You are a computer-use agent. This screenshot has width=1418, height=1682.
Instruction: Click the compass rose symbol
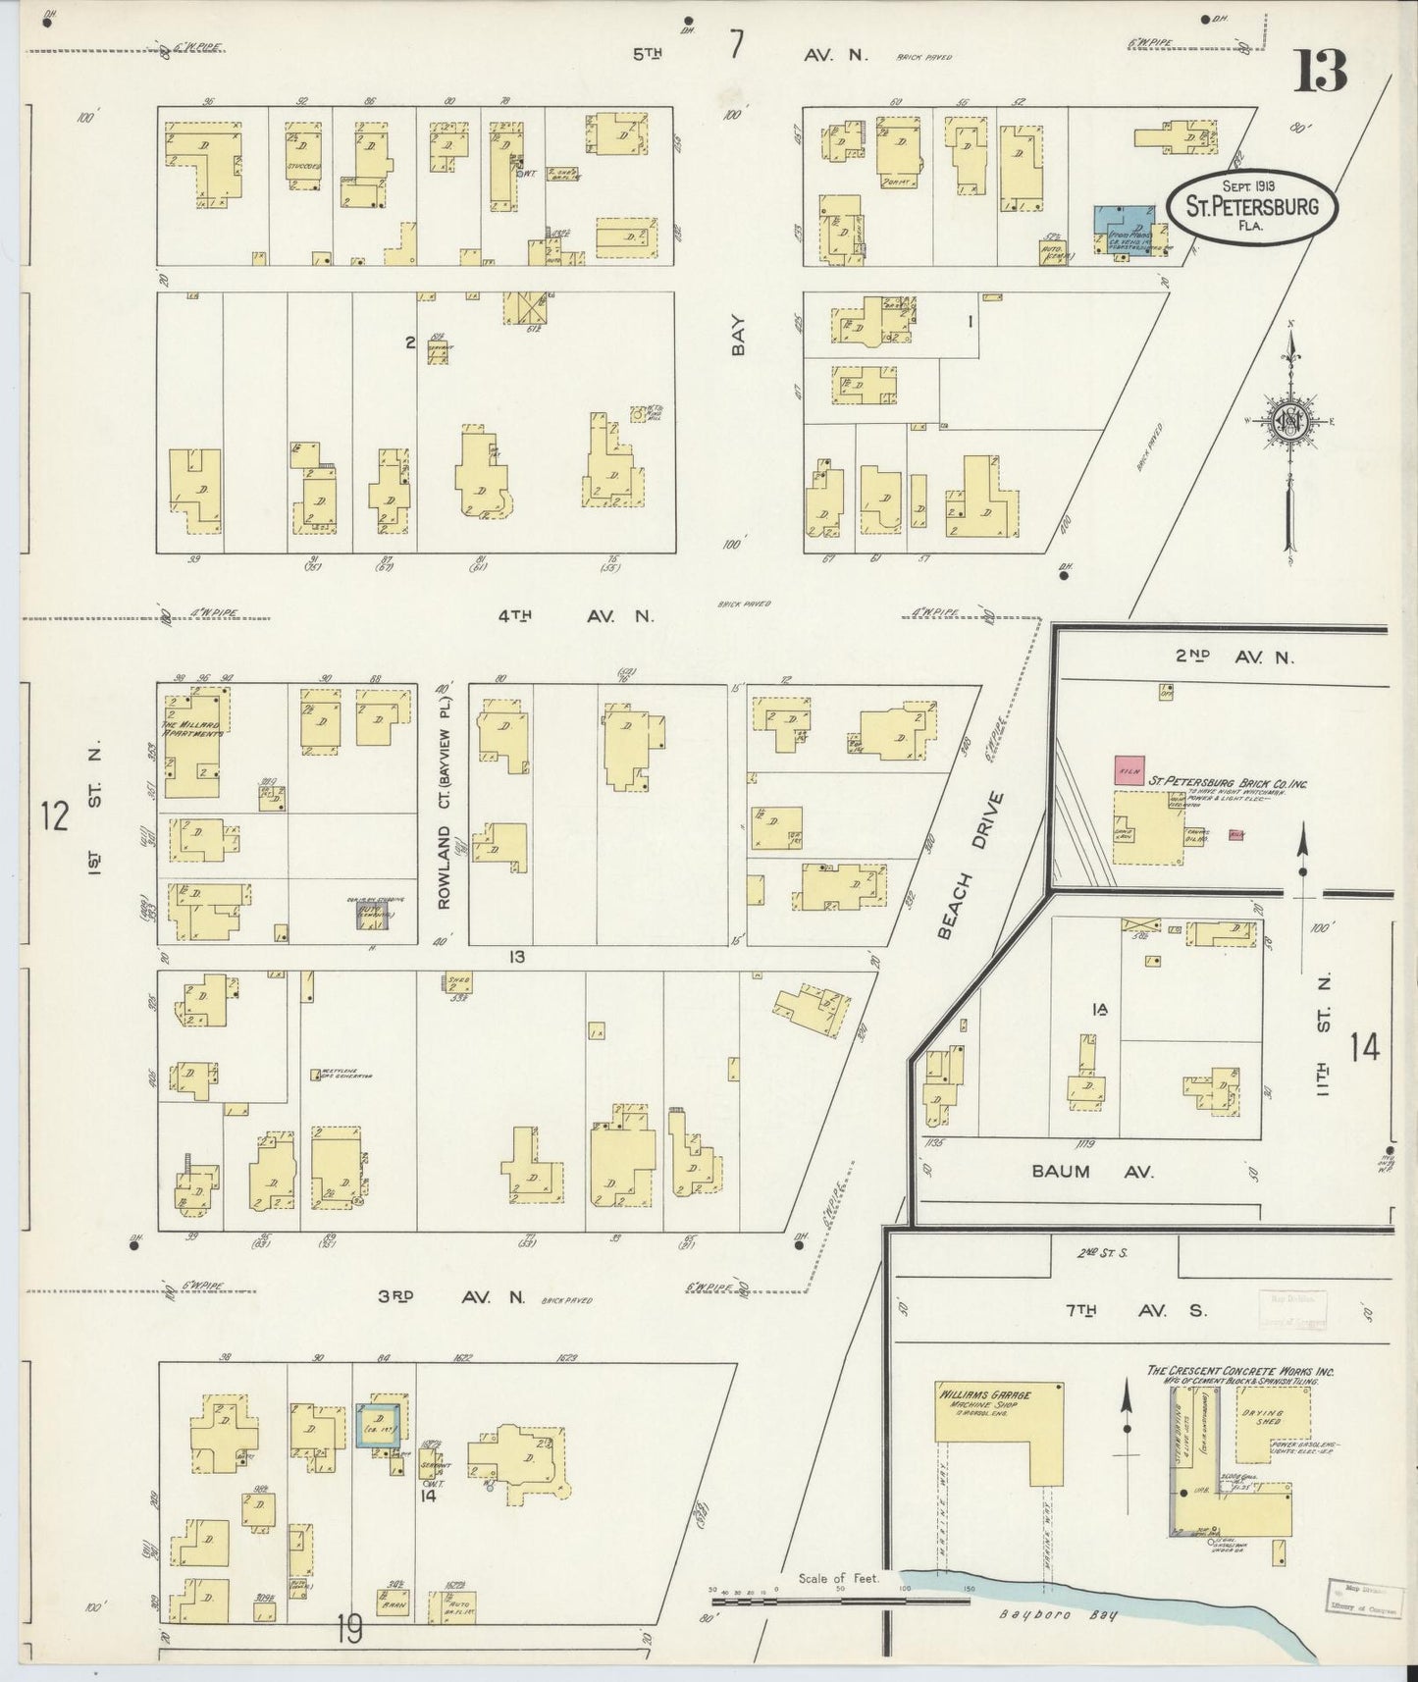[x=1289, y=422]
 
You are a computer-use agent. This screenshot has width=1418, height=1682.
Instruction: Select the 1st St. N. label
[x=95, y=812]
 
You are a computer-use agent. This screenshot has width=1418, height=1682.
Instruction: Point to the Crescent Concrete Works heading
[x=1240, y=1372]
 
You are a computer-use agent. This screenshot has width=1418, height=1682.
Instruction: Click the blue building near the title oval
[x=1118, y=230]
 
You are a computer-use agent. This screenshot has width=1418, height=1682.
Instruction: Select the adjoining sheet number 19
[x=348, y=1631]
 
